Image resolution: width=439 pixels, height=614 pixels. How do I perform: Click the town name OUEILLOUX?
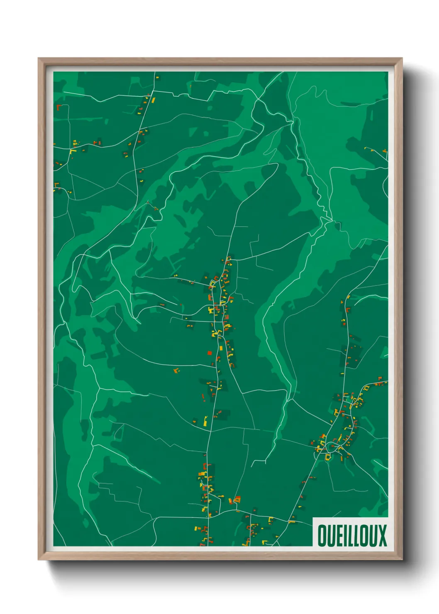point(352,535)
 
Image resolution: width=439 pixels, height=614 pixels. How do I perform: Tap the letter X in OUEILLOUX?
point(382,535)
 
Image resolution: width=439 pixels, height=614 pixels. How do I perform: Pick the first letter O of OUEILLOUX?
point(322,535)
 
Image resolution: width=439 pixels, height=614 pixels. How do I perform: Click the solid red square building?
point(210,353)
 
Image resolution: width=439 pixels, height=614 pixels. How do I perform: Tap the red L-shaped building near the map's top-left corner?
point(59,107)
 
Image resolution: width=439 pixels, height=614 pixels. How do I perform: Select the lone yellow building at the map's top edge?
point(157,77)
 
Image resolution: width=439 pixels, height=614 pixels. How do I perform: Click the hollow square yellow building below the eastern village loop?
point(328,457)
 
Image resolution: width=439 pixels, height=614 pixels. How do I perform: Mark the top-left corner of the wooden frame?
point(39,58)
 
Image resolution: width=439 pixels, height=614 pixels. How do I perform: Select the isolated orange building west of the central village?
point(176,370)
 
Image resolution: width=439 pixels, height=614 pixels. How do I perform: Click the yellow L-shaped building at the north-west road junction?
point(73,151)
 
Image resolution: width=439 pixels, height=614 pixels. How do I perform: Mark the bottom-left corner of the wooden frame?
point(39,560)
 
